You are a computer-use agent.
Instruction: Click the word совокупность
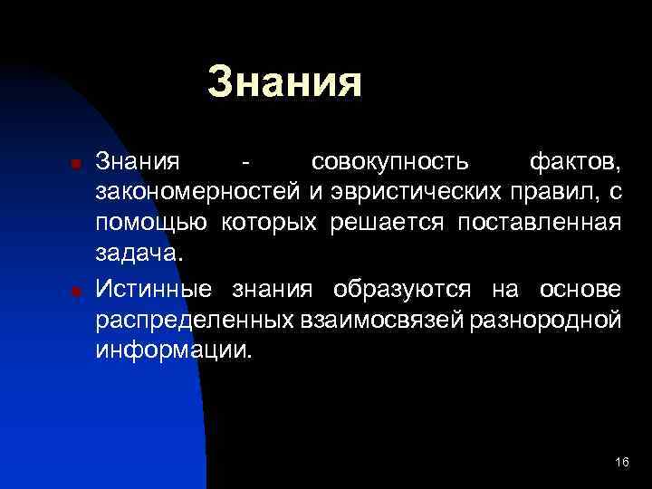pyautogui.click(x=389, y=163)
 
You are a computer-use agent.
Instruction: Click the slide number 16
pyautogui.click(x=620, y=463)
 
